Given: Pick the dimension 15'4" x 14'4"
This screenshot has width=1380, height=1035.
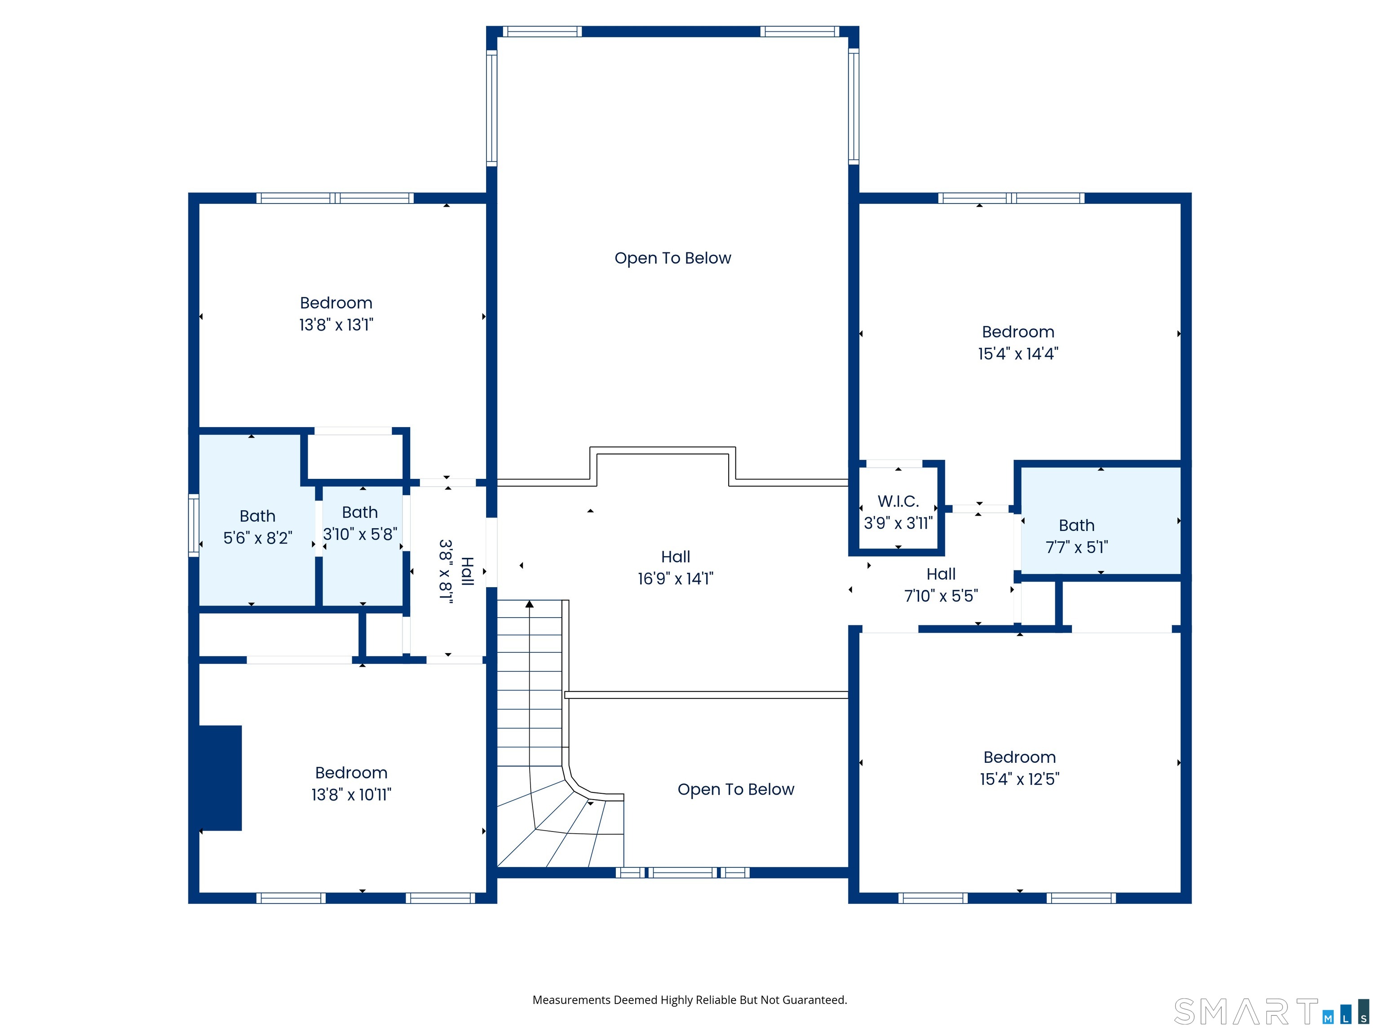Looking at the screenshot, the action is click(x=1018, y=354).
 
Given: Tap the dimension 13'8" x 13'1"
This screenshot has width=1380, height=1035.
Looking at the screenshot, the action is click(x=336, y=324).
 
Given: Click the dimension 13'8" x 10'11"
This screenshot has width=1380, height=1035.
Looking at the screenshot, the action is click(x=351, y=795).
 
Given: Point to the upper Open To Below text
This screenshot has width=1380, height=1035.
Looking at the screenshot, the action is click(x=672, y=258).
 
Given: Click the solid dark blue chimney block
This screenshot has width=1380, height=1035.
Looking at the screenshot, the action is click(x=220, y=778).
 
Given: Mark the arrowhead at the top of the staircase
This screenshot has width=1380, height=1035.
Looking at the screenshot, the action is click(x=530, y=604).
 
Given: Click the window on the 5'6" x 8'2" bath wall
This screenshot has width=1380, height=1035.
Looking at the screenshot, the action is click(x=194, y=525).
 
